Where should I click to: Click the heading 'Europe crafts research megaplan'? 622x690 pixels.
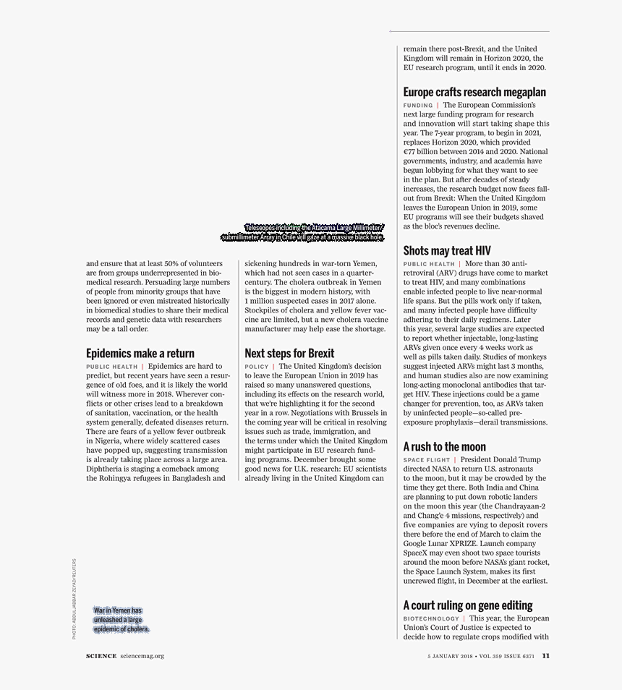(x=474, y=93)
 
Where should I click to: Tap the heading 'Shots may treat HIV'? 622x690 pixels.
(x=446, y=251)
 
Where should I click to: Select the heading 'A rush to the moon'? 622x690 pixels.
(x=444, y=447)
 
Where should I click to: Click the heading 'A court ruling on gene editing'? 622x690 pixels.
(x=467, y=605)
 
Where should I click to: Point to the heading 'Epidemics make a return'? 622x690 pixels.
(x=140, y=354)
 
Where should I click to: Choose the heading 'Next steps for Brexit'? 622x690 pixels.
(x=289, y=354)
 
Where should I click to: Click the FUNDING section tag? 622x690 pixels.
(x=418, y=106)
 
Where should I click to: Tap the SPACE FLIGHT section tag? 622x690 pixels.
(x=427, y=460)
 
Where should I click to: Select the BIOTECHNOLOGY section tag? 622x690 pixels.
(x=431, y=619)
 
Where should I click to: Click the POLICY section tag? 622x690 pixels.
(x=257, y=367)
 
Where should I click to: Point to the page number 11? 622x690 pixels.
(x=545, y=656)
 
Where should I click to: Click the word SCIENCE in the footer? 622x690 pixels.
(x=101, y=656)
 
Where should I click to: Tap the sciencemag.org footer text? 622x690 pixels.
(x=142, y=656)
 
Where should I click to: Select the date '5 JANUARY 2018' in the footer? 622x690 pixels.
(x=450, y=657)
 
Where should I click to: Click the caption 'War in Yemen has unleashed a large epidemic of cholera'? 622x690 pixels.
(x=121, y=620)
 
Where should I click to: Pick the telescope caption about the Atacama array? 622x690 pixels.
(x=302, y=232)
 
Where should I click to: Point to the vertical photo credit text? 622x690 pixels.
(x=73, y=597)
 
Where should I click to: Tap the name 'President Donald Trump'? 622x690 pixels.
(x=500, y=459)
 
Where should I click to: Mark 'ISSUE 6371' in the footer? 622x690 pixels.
(x=519, y=657)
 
